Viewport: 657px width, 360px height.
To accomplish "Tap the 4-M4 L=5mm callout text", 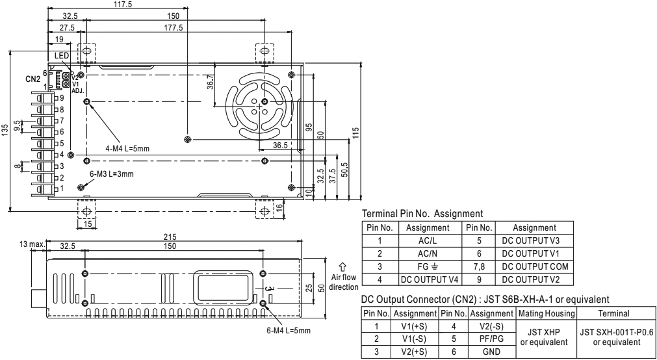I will point(128,149).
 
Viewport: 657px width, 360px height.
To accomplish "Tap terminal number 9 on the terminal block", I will point(61,98).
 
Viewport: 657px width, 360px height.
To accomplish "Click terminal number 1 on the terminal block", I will point(61,188).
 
